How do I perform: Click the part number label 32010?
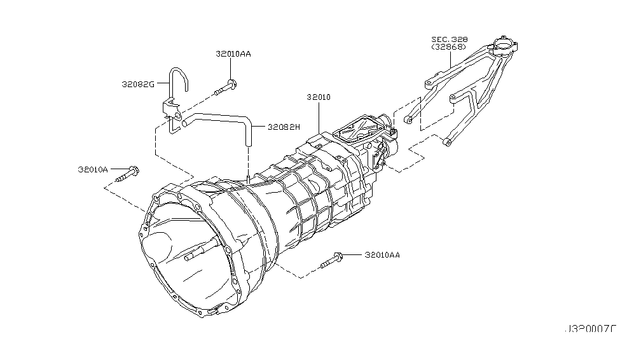coord(318,97)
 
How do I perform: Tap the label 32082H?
coord(283,127)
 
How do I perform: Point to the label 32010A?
coord(93,170)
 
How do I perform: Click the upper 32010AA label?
coord(233,55)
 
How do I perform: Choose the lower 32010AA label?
coord(382,255)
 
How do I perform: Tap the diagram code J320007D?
coord(589,329)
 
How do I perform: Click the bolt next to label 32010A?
coord(131,171)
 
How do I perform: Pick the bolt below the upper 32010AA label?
coord(225,86)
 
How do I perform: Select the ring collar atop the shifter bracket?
coord(504,45)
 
